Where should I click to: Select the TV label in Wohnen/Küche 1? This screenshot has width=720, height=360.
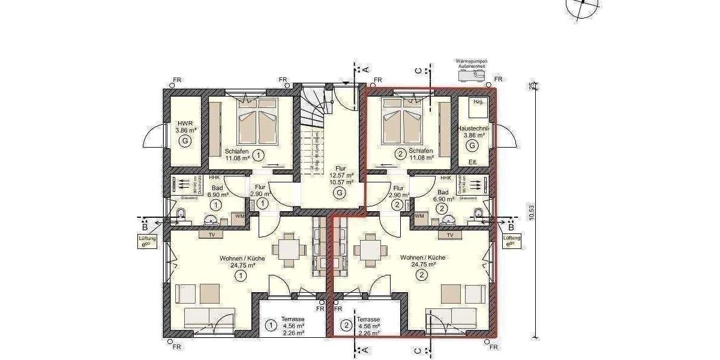pyautogui.click(x=211, y=235)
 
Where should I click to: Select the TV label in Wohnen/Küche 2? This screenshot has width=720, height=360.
pyautogui.click(x=450, y=235)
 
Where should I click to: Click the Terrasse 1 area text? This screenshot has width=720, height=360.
pyautogui.click(x=293, y=326)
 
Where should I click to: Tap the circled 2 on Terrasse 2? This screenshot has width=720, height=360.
pyautogui.click(x=346, y=326)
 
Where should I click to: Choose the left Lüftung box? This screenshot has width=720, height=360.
pyautogui.click(x=147, y=241)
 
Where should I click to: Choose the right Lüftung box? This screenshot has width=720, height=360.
pyautogui.click(x=512, y=241)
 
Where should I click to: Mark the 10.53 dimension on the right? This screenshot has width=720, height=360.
pyautogui.click(x=530, y=213)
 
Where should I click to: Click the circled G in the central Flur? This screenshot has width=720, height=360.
pyautogui.click(x=340, y=193)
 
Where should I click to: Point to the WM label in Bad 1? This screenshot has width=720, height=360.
pyautogui.click(x=239, y=215)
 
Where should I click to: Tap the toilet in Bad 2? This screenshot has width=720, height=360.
pyautogui.click(x=479, y=213)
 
